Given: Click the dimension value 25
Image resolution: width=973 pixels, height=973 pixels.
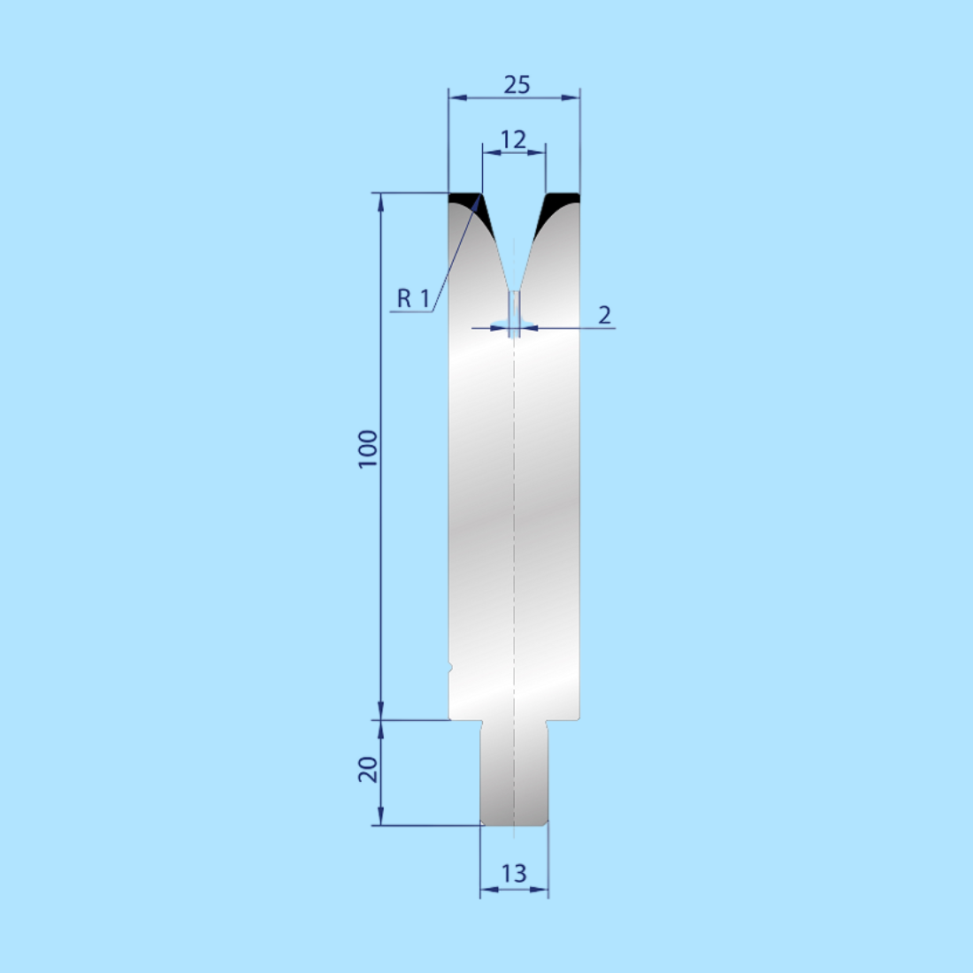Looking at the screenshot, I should pos(517,85).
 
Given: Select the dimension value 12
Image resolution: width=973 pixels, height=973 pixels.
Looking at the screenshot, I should pos(513,140).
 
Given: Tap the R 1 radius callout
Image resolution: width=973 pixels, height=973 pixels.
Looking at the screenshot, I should pos(413,299).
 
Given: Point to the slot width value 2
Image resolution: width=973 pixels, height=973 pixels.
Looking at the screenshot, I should pos(605,315).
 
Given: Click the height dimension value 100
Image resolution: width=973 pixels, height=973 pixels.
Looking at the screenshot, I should pos(368,449).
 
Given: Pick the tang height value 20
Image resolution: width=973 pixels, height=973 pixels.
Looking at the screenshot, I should pos(368,770).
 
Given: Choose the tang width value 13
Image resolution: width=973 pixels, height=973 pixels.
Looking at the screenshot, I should pos(513,874).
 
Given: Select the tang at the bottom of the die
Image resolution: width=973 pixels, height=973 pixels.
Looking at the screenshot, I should pos(514,774).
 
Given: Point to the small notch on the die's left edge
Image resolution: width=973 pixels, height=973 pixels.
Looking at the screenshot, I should pos(450,666).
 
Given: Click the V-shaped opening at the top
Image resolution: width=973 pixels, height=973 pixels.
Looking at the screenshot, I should pos(514,230).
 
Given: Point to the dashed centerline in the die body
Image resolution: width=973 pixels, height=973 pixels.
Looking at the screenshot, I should pos(514,531).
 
